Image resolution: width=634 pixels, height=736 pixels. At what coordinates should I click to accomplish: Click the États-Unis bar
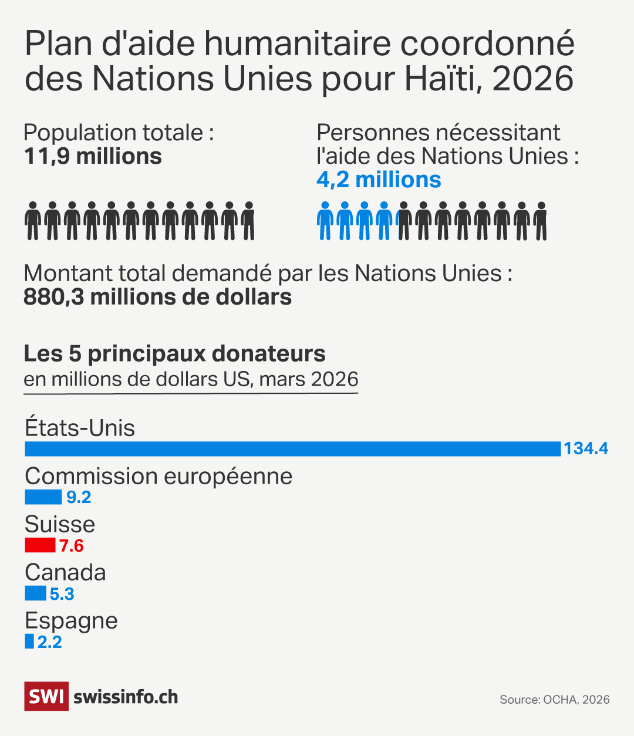(x=292, y=449)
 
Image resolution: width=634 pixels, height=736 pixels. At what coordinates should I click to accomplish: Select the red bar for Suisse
(x=40, y=546)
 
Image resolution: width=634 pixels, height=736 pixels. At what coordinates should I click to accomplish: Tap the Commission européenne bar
(x=43, y=497)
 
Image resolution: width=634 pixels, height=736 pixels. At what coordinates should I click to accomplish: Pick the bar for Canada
(x=35, y=593)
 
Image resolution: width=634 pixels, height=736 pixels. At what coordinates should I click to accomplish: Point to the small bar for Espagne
(x=29, y=642)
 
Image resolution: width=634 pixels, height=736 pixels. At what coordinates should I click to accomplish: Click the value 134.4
(x=586, y=449)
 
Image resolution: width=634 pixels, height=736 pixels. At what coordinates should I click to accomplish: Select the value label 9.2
(x=79, y=498)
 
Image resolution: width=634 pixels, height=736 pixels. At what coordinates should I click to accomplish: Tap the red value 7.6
(x=72, y=546)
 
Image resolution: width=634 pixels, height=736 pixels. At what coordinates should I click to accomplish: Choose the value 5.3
(x=62, y=595)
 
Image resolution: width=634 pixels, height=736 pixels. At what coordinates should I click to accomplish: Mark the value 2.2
(x=50, y=642)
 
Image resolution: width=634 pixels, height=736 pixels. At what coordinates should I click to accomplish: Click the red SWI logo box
(x=46, y=697)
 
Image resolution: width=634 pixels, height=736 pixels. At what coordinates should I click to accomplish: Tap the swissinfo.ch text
(x=126, y=697)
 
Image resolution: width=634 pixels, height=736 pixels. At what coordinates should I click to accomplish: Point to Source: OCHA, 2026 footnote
(x=554, y=700)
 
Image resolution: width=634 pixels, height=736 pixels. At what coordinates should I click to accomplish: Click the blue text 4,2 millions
(x=379, y=180)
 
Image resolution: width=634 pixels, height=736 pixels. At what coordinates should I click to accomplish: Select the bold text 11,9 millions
(x=93, y=157)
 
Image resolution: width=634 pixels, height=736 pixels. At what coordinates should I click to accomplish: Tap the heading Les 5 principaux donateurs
(x=174, y=354)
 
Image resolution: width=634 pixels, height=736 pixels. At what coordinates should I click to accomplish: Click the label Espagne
(x=71, y=620)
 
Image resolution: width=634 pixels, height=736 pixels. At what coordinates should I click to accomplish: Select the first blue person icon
(x=325, y=221)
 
